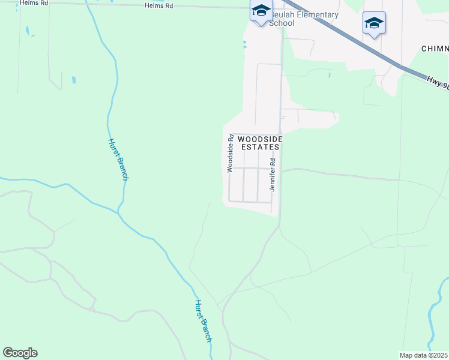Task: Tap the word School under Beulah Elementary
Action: (x=281, y=23)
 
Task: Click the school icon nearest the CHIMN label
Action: (x=374, y=23)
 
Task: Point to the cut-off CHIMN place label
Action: (x=435, y=49)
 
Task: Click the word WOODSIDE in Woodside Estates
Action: (x=259, y=139)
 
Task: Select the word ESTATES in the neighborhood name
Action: (x=260, y=146)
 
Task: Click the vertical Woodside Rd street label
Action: (x=230, y=155)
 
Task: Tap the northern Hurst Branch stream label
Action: (x=118, y=159)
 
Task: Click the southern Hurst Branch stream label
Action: (x=203, y=320)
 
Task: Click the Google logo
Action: (x=20, y=353)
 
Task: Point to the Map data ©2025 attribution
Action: (x=423, y=355)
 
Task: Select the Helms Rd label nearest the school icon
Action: (x=158, y=5)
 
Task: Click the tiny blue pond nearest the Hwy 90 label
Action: (x=329, y=75)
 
